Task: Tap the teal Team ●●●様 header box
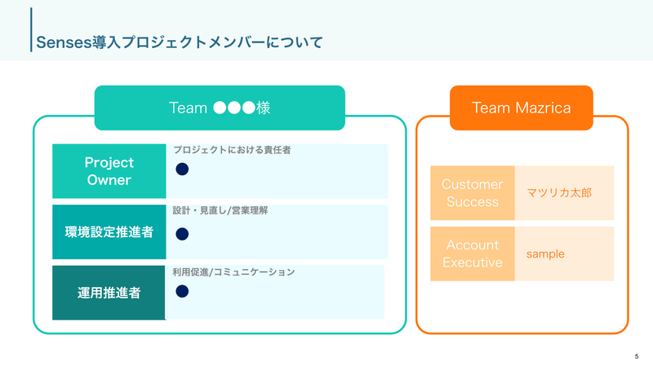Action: (220, 108)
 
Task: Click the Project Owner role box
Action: (109, 171)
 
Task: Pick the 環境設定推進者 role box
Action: (109, 232)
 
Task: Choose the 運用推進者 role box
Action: (109, 292)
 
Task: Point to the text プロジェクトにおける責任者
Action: (232, 150)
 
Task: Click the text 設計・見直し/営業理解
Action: (220, 210)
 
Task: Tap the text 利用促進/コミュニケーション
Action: (233, 271)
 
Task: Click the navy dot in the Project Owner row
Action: (183, 170)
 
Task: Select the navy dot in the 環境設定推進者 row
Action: (183, 234)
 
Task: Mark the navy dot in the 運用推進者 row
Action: (183, 291)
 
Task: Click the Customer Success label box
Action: (472, 193)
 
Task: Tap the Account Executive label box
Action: (472, 254)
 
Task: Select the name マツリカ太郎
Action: (558, 194)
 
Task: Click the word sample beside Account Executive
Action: (545, 254)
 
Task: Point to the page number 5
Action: (636, 356)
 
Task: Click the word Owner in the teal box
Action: (109, 180)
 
